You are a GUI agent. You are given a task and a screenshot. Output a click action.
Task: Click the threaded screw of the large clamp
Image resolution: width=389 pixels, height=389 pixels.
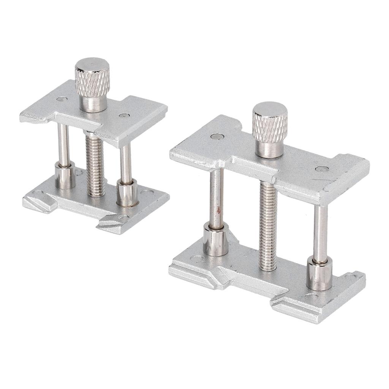tap(268, 224)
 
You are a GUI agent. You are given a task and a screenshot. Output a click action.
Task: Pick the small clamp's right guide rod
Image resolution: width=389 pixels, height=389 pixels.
tap(126, 163)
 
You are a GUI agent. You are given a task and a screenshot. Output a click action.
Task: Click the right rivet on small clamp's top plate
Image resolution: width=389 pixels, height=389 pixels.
tap(122, 115)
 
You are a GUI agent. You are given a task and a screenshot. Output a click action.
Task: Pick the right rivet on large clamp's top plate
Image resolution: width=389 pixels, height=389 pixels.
tap(321, 169)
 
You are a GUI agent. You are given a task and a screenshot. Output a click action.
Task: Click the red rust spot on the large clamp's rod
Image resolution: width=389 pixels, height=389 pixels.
tap(218, 209)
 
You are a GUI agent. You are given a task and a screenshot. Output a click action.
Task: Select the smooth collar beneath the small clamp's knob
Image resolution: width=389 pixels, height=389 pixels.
tap(93, 103)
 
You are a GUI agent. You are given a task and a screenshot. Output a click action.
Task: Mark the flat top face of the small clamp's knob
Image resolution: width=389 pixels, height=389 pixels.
tap(92, 64)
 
